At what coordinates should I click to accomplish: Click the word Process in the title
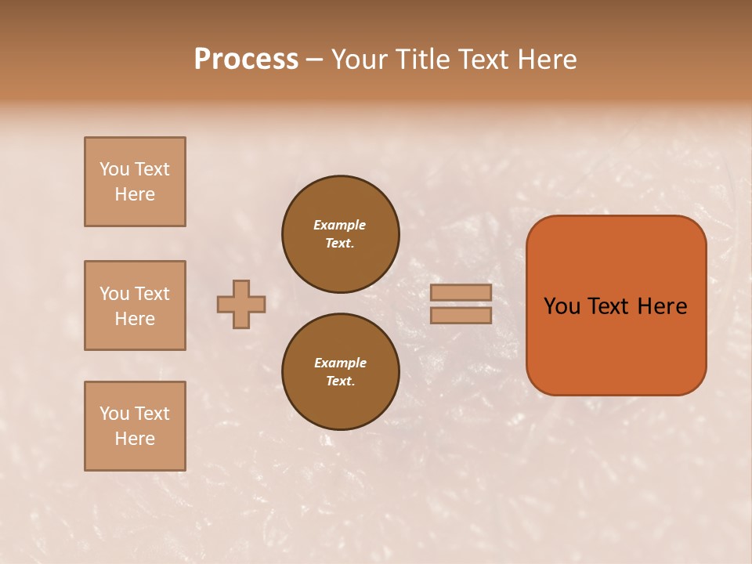click(246, 60)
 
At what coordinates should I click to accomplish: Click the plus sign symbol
click(241, 304)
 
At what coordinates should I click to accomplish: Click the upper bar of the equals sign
click(461, 292)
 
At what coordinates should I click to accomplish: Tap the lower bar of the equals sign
click(461, 316)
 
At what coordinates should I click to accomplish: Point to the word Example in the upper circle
click(340, 225)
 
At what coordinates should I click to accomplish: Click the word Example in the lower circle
click(340, 363)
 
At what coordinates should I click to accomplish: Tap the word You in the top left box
click(114, 169)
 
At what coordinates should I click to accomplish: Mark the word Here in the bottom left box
click(135, 439)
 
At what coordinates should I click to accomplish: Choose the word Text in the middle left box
click(151, 294)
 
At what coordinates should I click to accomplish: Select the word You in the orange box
click(562, 306)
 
